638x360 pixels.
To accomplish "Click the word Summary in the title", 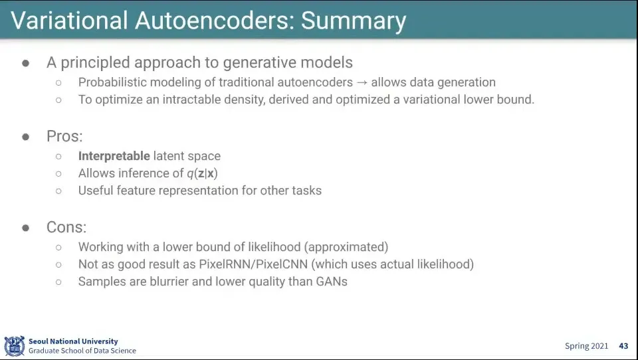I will [354, 21].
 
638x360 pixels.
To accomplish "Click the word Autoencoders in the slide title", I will [215, 21].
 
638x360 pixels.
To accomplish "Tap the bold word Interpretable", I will [114, 156].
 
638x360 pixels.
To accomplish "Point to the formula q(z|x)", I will [203, 173].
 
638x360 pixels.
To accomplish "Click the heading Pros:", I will [64, 136].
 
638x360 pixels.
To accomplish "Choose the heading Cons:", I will [66, 227].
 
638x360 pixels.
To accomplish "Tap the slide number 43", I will [623, 346].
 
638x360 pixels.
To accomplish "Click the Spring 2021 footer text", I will [586, 346].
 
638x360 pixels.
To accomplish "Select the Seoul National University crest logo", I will [14, 346].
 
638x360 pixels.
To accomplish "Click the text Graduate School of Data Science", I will [82, 351].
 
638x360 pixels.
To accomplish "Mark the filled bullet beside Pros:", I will [26, 137].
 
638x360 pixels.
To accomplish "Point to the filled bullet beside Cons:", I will [26, 228].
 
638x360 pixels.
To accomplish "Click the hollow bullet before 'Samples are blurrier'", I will [58, 282].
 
